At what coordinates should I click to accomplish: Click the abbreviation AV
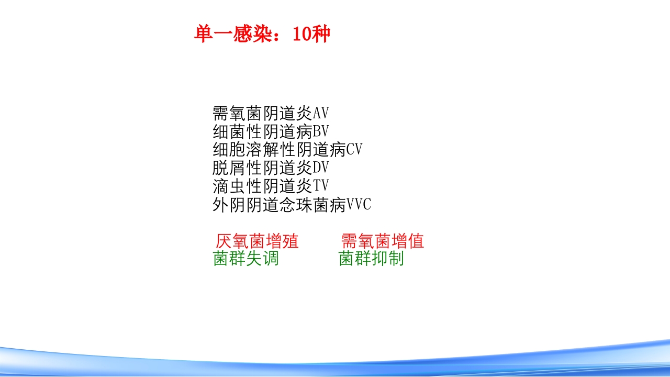[321, 113]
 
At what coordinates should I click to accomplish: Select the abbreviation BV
[321, 131]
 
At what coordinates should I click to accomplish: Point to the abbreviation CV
[354, 150]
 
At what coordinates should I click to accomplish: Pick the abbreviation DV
[321, 168]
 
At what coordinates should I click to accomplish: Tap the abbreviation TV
[321, 186]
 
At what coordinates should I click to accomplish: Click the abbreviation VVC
[359, 204]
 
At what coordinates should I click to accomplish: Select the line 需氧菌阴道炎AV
[271, 113]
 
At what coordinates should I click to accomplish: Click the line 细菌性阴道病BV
[271, 131]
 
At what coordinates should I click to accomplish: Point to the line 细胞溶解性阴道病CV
[287, 150]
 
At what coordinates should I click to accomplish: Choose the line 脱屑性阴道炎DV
[271, 168]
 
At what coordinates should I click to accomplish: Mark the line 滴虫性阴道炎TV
[271, 186]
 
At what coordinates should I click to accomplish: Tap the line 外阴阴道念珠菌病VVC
[292, 204]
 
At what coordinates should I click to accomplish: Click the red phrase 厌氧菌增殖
[257, 241]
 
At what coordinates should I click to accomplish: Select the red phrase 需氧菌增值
[382, 241]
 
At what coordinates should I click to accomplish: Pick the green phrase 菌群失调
[246, 258]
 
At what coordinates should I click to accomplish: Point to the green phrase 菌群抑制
[371, 258]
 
